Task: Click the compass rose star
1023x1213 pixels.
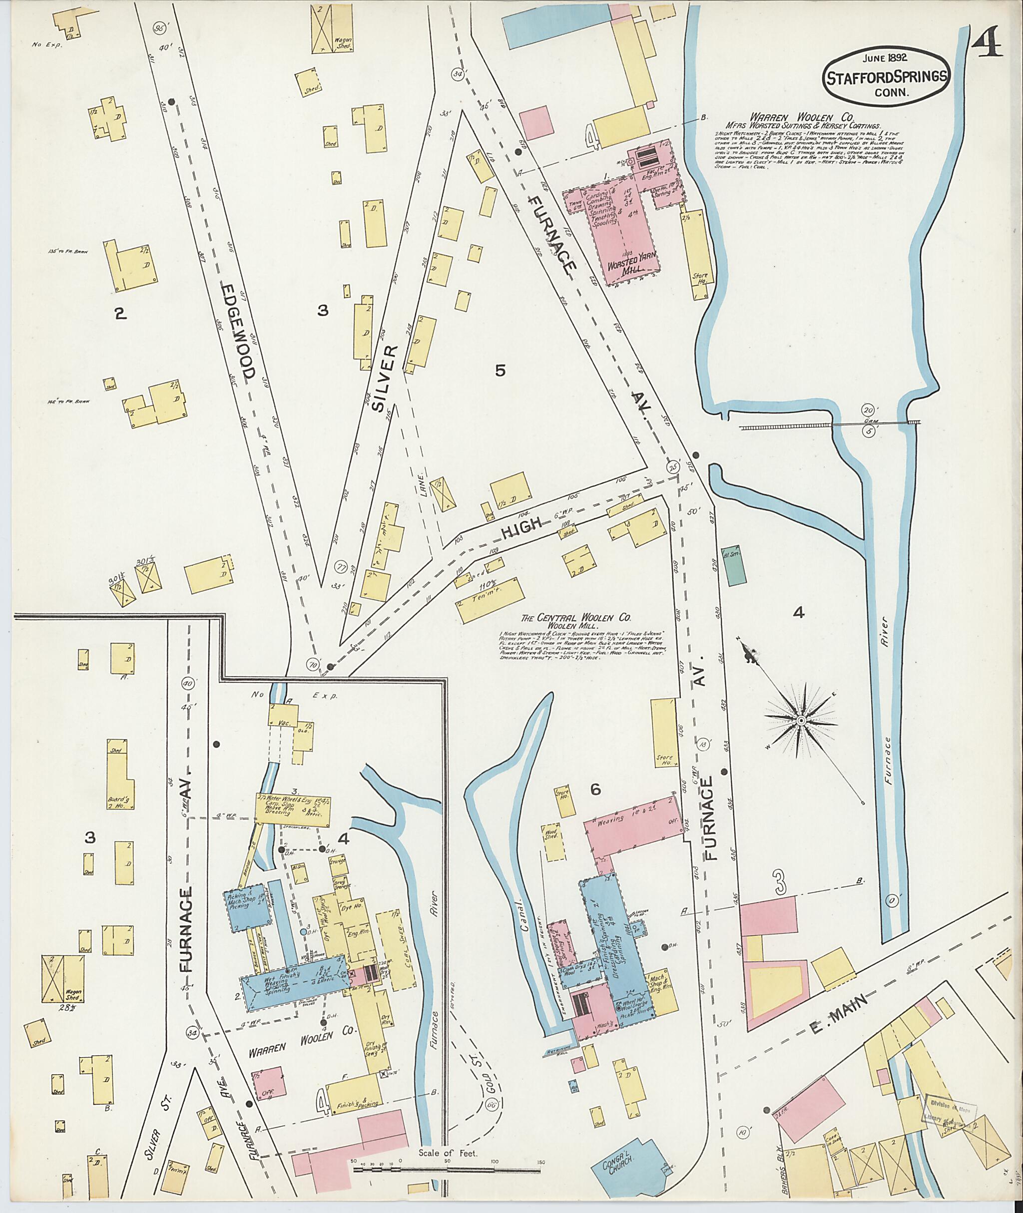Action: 800,721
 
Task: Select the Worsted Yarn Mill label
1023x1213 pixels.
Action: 627,267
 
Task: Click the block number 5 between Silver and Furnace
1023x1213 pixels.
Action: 500,371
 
